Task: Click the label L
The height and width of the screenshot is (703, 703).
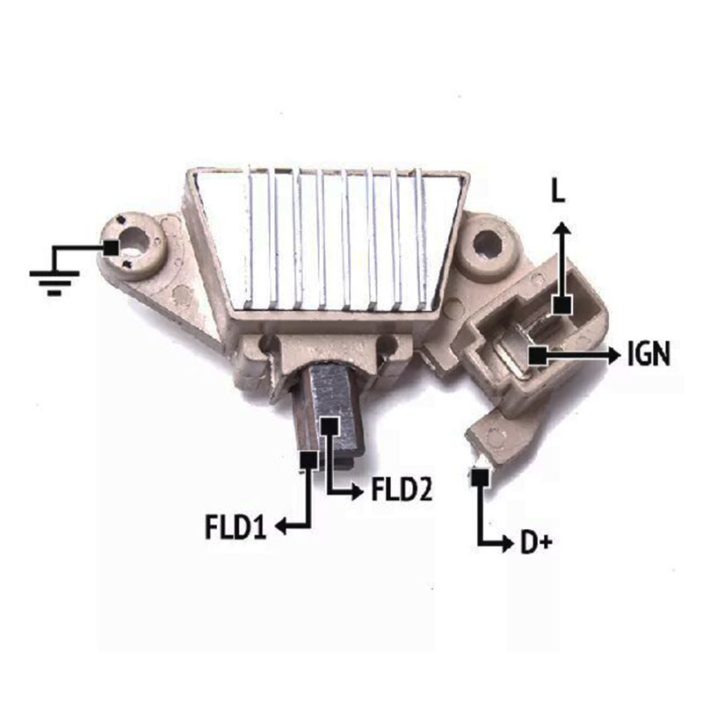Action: point(558,192)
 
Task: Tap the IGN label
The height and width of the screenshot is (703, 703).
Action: point(649,354)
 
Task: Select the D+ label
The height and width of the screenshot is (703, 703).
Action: point(536,542)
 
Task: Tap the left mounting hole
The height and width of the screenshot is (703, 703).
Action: point(134,240)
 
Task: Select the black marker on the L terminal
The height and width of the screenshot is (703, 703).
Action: point(562,305)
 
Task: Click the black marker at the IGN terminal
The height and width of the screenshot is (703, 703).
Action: point(538,356)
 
